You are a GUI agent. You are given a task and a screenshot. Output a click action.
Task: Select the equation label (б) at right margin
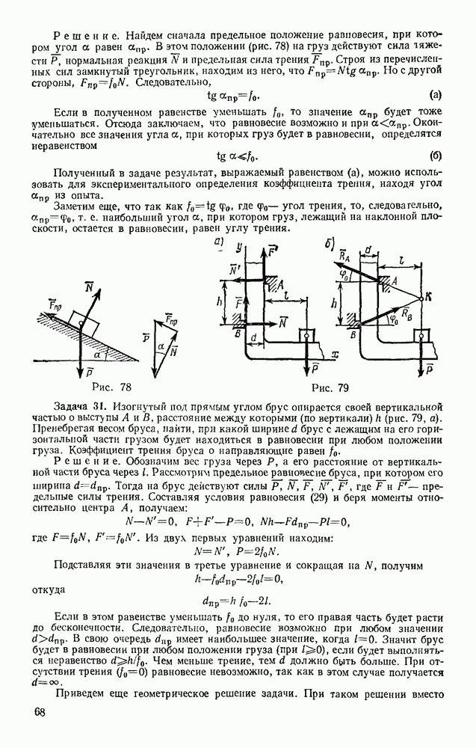tap(436, 156)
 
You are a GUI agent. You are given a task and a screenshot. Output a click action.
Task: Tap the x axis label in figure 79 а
tap(338, 352)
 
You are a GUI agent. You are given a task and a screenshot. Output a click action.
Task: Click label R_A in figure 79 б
tap(343, 257)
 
